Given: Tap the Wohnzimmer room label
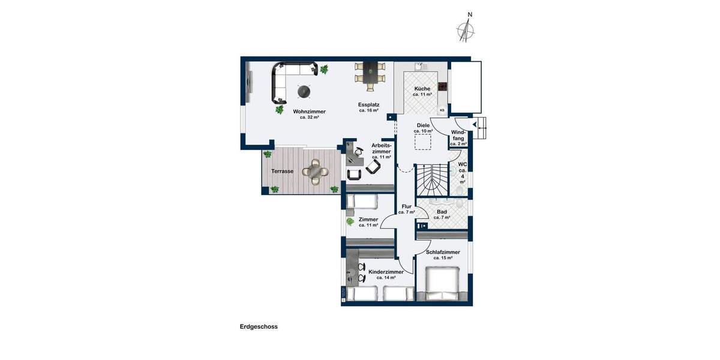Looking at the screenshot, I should tap(309, 112).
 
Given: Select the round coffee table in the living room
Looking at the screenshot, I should tap(305, 91).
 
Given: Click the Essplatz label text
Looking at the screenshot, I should tap(369, 104).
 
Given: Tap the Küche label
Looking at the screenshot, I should tap(422, 88).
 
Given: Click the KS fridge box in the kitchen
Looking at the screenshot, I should tap(442, 110).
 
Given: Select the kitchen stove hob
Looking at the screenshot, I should tap(443, 86).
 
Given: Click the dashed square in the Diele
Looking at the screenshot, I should tap(423, 142).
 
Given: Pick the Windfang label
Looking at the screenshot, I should tap(458, 135).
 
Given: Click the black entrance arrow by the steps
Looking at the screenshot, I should tap(475, 125).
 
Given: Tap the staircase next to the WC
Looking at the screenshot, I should tap(432, 178).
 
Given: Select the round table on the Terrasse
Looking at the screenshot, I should tap(316, 172).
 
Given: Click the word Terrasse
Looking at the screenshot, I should tap(282, 171).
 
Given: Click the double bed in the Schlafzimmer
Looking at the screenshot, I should tap(443, 284).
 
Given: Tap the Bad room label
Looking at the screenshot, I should tap(442, 212).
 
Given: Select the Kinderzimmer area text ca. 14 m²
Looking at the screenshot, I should tap(386, 278).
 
